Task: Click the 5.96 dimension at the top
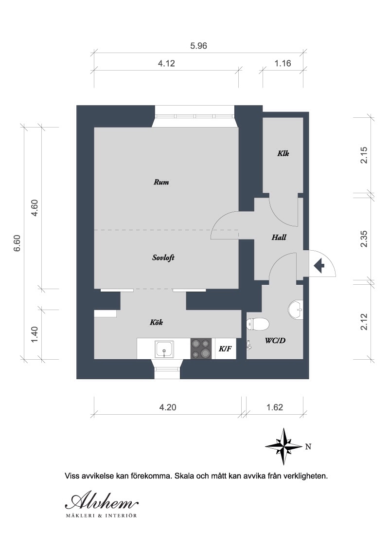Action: tap(199, 46)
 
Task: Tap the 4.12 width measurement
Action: tap(166, 64)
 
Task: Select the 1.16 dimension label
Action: tap(283, 64)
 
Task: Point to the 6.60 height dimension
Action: tap(17, 243)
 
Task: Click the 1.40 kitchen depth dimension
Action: tap(34, 335)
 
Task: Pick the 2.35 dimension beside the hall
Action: tap(364, 239)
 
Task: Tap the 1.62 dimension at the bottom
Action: tap(275, 407)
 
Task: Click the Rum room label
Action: tap(161, 182)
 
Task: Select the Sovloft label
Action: tap(163, 257)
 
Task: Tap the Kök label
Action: tap(156, 322)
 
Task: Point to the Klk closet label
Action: tap(283, 153)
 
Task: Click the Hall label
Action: tap(279, 238)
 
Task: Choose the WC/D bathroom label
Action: tap(275, 341)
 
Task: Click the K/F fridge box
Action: tap(225, 349)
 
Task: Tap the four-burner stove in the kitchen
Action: tap(201, 349)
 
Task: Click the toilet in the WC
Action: tap(258, 324)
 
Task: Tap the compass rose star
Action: tap(283, 447)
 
